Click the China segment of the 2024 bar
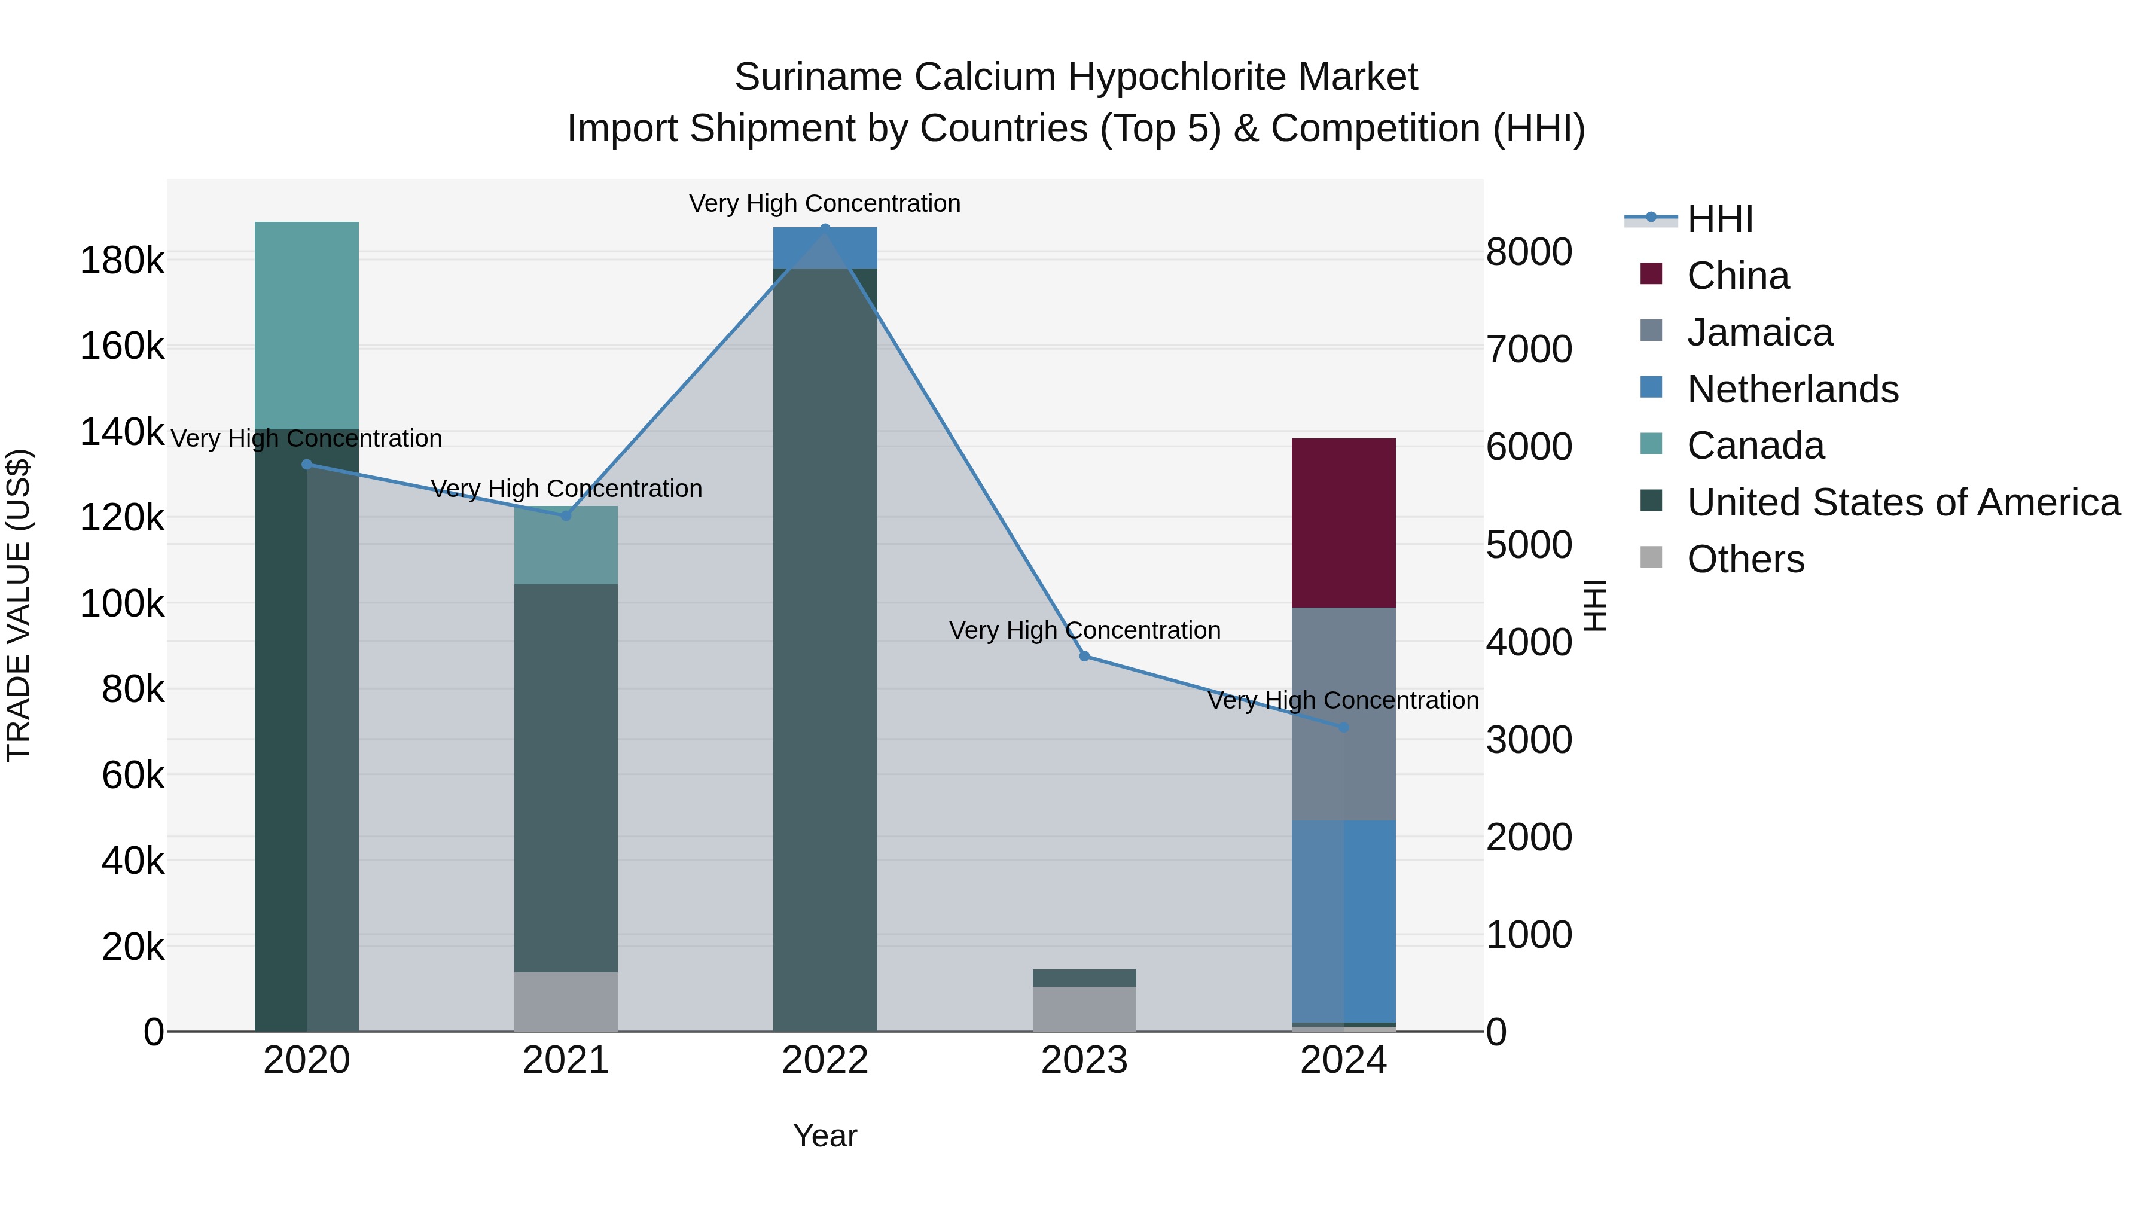click(1343, 522)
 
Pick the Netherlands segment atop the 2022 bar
click(825, 248)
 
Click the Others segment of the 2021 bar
click(565, 1000)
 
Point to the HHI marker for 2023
click(1084, 656)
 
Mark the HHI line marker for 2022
click(825, 228)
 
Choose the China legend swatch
click(1651, 274)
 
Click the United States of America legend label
click(1903, 502)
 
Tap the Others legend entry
click(1745, 559)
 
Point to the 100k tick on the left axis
click(122, 603)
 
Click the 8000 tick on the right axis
click(1528, 252)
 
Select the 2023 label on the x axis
click(1084, 1060)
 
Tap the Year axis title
click(825, 1136)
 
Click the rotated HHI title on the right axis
click(1594, 605)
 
